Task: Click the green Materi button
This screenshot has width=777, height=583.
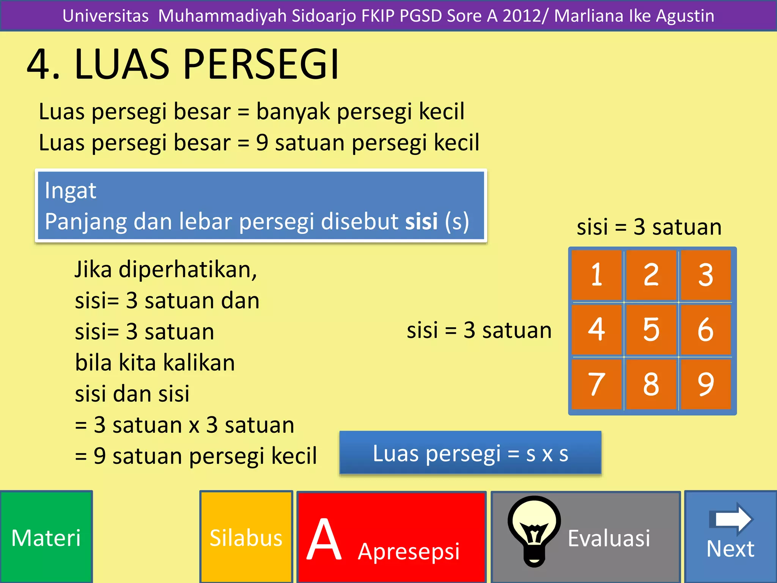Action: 46,537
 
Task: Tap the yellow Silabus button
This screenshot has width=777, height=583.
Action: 246,537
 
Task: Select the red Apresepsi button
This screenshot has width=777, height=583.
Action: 392,537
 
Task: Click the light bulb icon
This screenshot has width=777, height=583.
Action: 534,529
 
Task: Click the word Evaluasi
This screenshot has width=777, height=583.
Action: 609,538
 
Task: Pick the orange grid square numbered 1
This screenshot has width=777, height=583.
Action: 597,275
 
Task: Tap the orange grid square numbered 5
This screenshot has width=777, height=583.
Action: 651,329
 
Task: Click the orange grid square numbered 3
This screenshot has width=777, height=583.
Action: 706,275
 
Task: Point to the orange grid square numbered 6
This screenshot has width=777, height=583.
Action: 706,329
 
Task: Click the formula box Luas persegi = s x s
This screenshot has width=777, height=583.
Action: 470,453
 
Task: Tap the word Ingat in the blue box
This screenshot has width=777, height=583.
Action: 71,190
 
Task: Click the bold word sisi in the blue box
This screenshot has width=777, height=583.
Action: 422,221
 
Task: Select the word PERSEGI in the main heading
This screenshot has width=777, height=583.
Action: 261,64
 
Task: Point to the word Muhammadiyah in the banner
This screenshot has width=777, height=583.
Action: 222,16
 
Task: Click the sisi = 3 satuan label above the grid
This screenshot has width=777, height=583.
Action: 649,227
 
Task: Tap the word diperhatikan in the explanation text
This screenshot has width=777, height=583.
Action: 188,269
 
